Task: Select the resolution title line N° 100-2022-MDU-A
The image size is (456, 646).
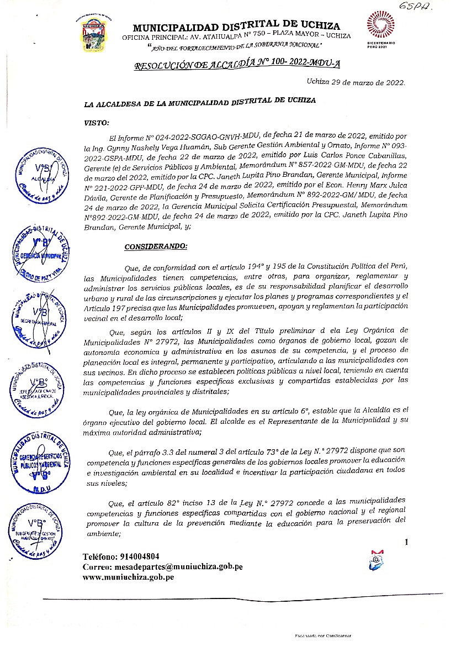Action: [x=237, y=65]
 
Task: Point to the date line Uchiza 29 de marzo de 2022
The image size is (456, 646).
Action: [x=356, y=82]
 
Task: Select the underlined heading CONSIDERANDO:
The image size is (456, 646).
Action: [x=156, y=246]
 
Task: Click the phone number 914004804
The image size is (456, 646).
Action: [x=121, y=556]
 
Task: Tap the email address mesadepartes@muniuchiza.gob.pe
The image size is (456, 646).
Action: [x=162, y=567]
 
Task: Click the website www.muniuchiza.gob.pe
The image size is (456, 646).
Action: [x=128, y=577]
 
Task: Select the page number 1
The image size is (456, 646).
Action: [x=406, y=542]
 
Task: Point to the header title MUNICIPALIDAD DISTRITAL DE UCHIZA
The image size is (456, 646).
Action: [x=236, y=26]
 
